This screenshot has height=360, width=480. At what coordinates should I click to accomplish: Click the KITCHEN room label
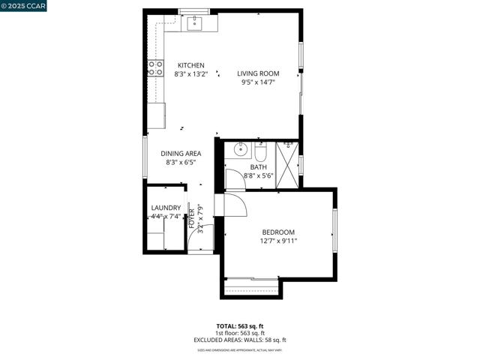(190, 65)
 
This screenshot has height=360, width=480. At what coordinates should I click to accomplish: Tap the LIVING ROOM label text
(258, 73)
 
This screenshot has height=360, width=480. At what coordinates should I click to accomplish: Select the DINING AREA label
(181, 154)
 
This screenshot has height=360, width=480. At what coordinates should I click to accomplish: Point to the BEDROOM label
(278, 232)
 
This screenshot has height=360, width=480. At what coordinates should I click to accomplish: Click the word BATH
(259, 167)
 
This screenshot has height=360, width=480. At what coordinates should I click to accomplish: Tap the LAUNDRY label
(166, 208)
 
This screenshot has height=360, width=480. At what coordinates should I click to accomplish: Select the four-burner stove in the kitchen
(157, 68)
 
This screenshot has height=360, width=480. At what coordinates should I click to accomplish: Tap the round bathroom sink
(240, 148)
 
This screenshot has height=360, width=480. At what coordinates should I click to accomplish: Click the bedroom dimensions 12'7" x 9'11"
(278, 241)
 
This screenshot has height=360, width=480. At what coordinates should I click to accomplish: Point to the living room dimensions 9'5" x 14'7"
(258, 82)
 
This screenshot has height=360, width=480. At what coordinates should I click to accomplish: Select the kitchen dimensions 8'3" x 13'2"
(190, 74)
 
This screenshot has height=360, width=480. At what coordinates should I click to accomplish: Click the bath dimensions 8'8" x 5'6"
(259, 175)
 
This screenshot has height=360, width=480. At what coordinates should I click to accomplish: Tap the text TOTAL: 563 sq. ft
(240, 326)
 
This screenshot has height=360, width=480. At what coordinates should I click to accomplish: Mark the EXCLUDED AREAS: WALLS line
(240, 340)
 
